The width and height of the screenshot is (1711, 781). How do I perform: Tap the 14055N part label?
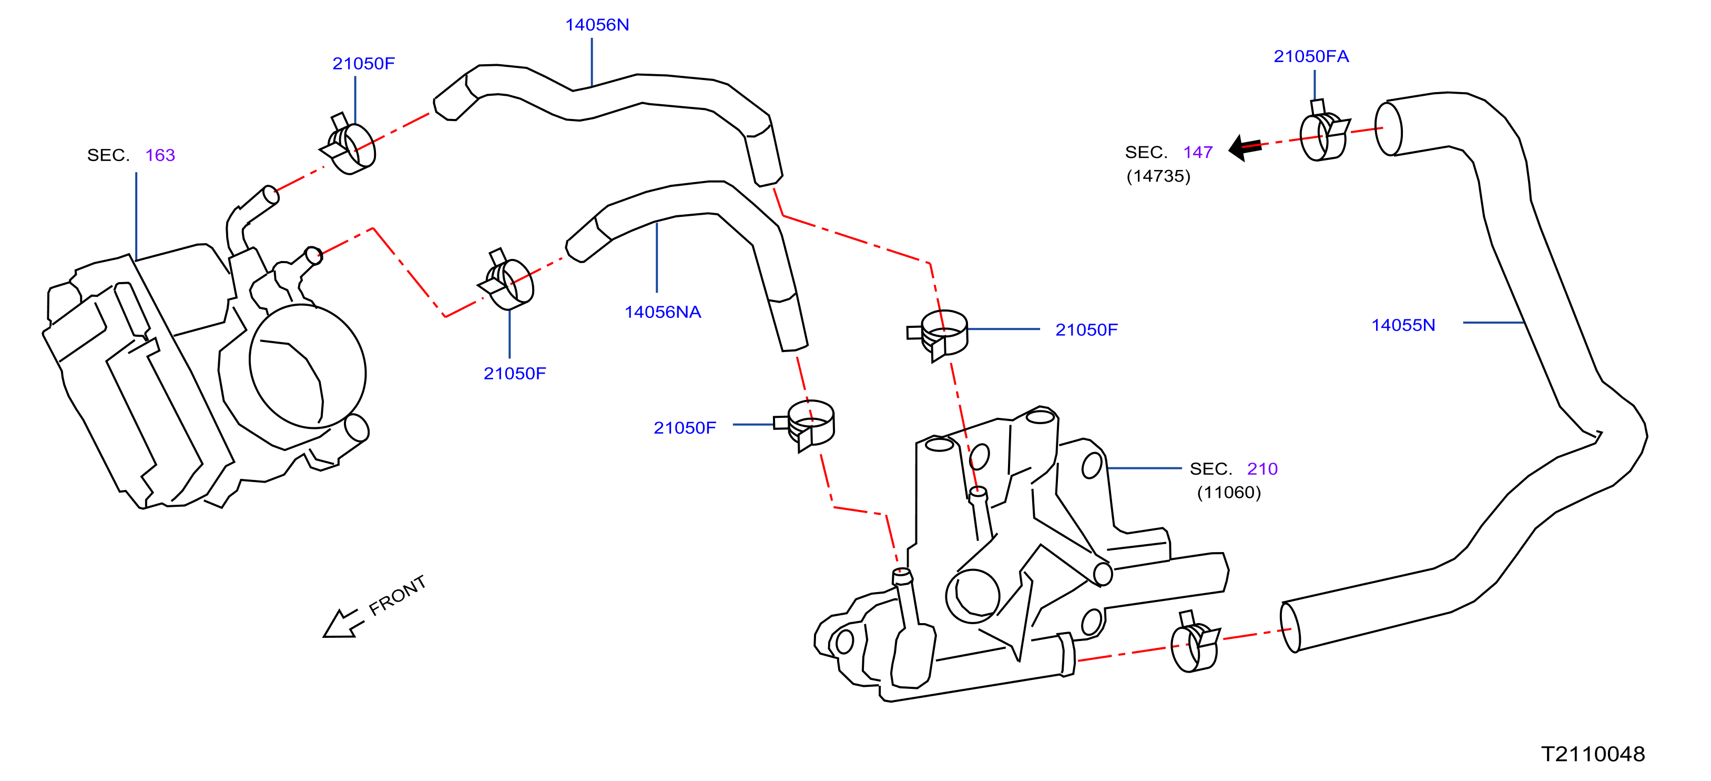tap(1403, 325)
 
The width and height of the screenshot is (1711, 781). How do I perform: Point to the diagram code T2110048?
tap(1592, 754)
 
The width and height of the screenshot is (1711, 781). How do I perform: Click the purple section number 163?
tap(160, 155)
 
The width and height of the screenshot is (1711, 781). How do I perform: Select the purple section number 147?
tap(1198, 152)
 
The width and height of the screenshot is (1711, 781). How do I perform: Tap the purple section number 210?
tap(1262, 468)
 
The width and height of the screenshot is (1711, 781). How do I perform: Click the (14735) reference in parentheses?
tap(1158, 176)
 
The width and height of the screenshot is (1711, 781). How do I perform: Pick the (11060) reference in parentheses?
tap(1229, 493)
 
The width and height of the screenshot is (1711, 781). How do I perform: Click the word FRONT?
tap(397, 595)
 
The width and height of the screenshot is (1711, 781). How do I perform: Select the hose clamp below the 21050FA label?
tap(1323, 134)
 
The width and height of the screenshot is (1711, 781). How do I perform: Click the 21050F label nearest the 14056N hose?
tap(363, 63)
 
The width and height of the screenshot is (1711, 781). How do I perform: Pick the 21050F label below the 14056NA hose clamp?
tap(514, 374)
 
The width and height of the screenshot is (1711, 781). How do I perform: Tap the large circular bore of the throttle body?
tap(308, 366)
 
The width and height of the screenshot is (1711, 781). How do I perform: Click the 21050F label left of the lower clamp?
tap(684, 427)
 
